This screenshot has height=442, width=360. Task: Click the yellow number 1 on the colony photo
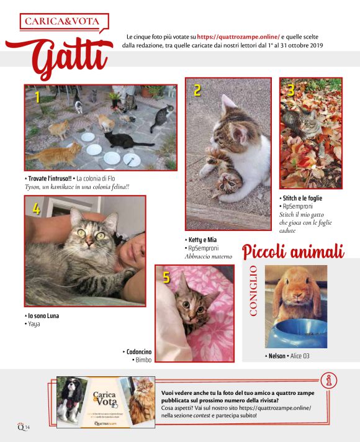37,97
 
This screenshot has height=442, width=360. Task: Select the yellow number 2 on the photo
197,91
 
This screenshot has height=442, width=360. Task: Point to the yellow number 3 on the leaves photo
290,90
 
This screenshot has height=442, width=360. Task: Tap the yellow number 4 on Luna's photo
37,210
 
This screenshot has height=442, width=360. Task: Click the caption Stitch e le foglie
302,197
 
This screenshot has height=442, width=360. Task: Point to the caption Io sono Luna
43,315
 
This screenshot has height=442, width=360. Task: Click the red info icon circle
328,380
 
